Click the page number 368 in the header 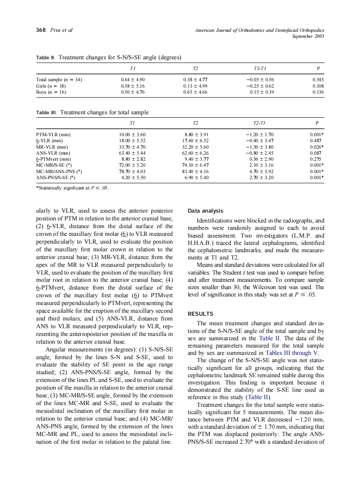coord(41,30)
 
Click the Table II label coord(46,58)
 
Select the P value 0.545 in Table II coord(318,79)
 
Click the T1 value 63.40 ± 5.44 coord(132,153)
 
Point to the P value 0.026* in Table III coord(317,146)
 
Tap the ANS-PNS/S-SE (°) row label coord(56,177)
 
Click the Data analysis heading coord(206,211)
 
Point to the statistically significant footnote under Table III coord(72,187)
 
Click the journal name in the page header coord(259,31)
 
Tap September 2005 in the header coord(308,37)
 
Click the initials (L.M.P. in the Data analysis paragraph coord(303,236)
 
